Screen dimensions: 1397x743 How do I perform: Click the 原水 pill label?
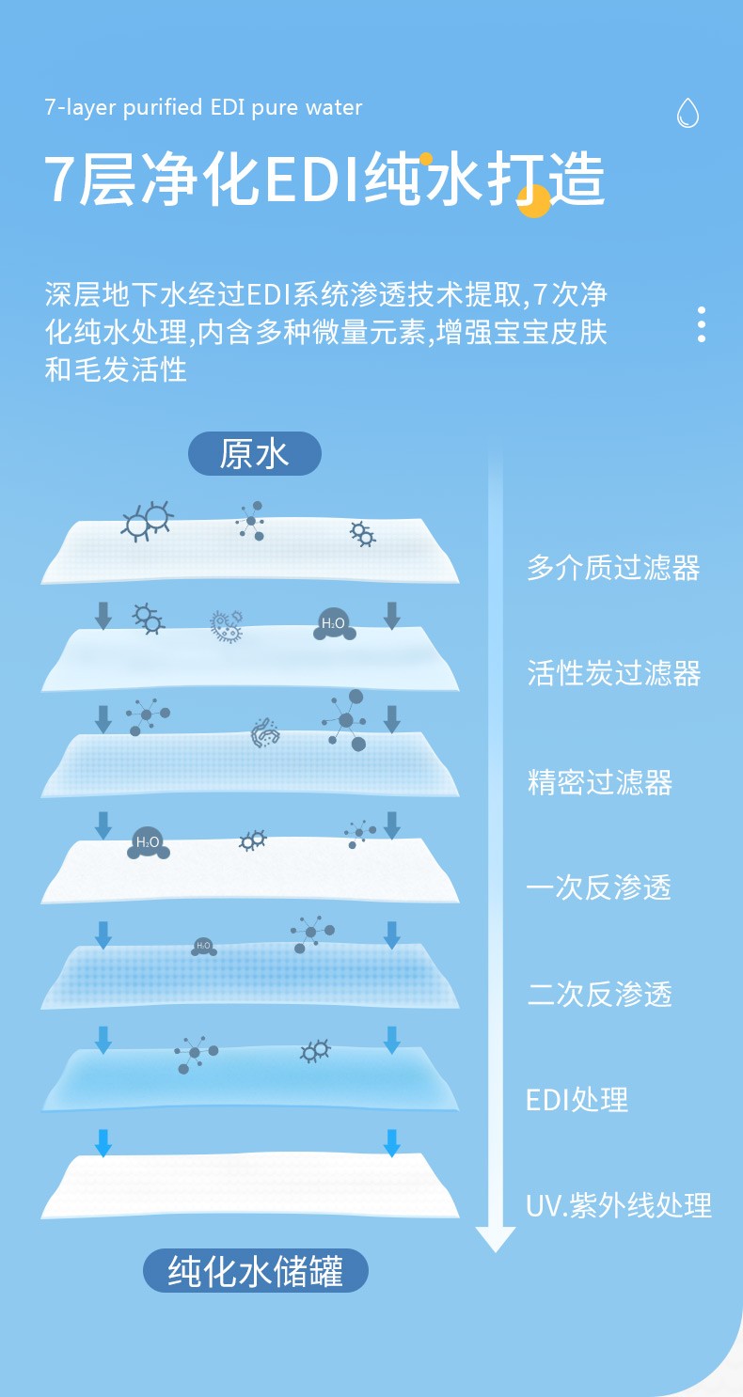[x=254, y=454]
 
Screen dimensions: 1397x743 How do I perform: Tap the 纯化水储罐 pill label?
[x=255, y=1271]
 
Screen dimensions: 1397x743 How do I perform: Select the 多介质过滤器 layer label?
[x=613, y=568]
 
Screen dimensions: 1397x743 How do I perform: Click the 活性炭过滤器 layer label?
[x=613, y=674]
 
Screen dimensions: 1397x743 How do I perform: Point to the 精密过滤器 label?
[x=599, y=781]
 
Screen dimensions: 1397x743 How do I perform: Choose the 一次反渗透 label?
[x=599, y=887]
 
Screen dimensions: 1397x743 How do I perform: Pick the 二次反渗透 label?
[x=599, y=994]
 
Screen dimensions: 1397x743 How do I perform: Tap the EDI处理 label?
[x=577, y=1099]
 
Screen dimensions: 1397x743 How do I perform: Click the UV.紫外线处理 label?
[x=618, y=1205]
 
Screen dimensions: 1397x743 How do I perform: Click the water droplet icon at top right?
[x=688, y=113]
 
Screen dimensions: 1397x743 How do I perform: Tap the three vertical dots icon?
[x=702, y=323]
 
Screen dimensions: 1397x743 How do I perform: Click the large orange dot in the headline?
[x=534, y=200]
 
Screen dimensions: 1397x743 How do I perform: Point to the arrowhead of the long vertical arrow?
[x=496, y=1238]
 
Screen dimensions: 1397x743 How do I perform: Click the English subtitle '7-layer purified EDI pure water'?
[x=203, y=107]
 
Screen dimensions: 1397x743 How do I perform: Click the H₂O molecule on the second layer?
[x=334, y=624]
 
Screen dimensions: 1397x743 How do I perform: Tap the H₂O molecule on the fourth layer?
[x=149, y=842]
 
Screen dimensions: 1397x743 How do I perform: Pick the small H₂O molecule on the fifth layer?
[x=203, y=946]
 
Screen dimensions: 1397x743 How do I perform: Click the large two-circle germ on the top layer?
[x=147, y=520]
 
